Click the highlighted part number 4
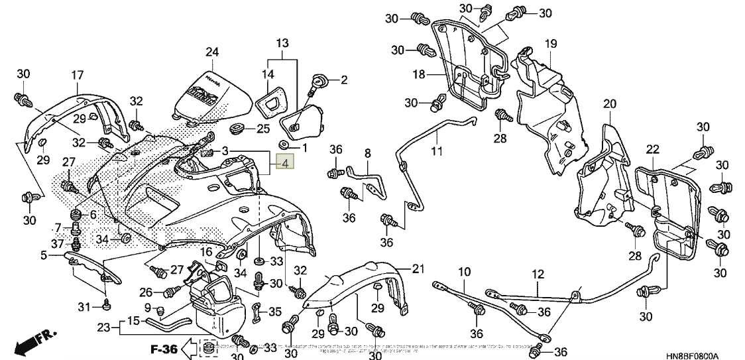point(285,163)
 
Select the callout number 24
point(211,52)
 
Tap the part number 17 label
point(78,75)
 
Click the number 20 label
point(609,103)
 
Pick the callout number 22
point(653,149)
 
